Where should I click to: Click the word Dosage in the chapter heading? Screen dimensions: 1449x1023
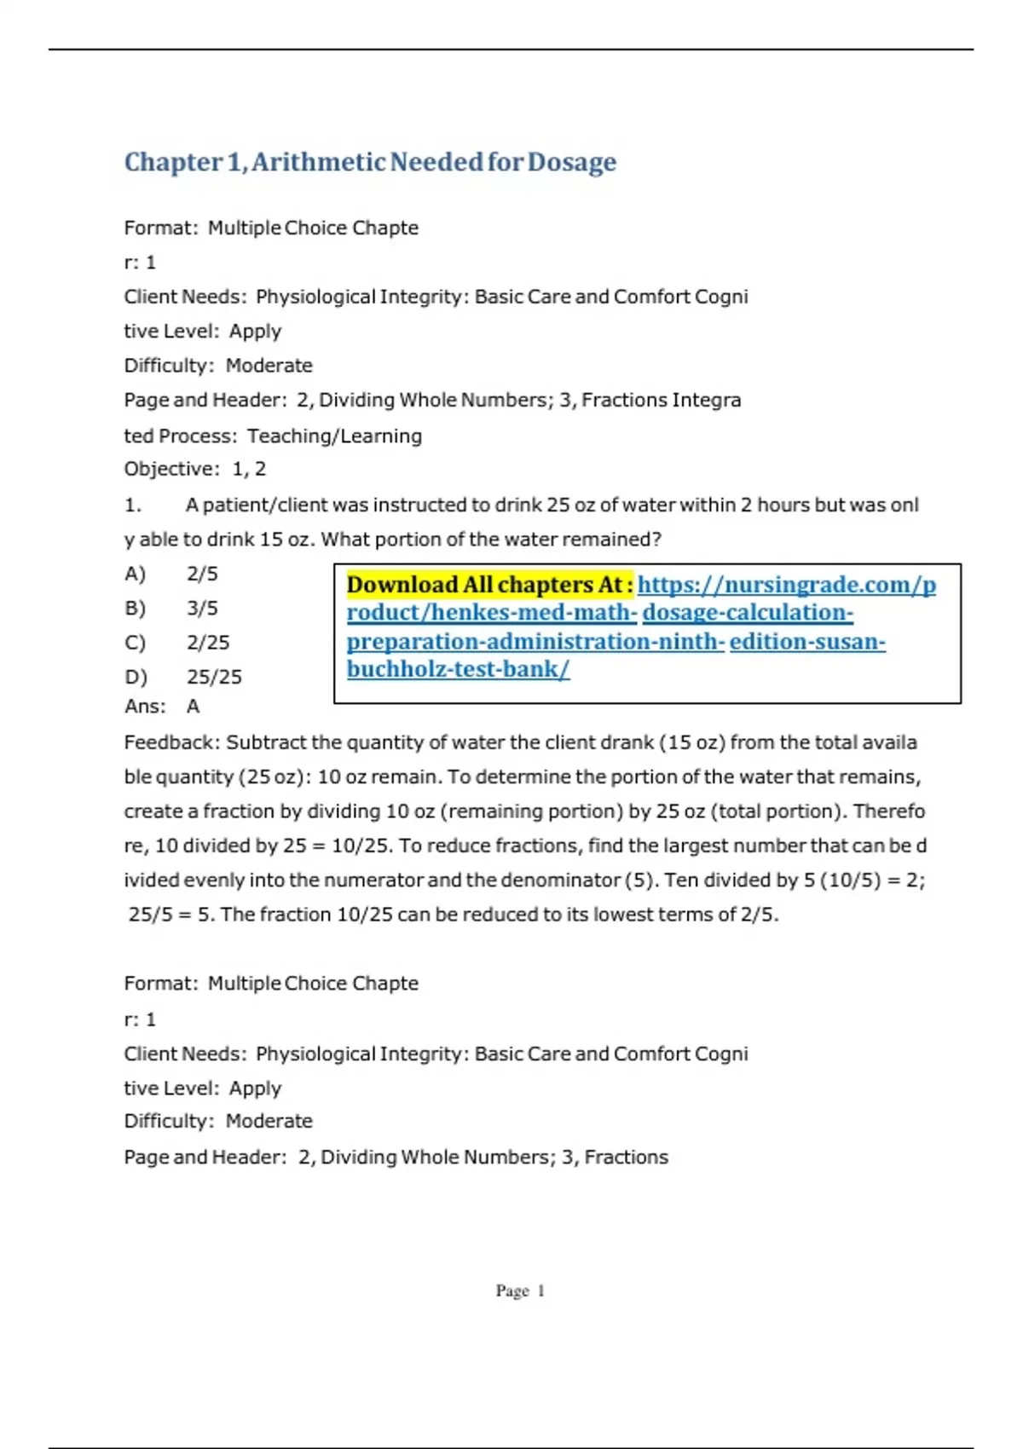click(571, 162)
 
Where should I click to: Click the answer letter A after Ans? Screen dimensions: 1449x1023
click(194, 707)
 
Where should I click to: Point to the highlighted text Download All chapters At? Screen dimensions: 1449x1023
click(488, 585)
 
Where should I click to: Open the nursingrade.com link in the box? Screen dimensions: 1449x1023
click(786, 585)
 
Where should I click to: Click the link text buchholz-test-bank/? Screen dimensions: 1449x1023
click(458, 669)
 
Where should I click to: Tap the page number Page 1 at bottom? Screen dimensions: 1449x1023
click(520, 1290)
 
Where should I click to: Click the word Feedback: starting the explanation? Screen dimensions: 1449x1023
click(171, 742)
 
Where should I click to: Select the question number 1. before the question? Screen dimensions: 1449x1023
click(133, 505)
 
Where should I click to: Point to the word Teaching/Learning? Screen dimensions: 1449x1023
click(334, 436)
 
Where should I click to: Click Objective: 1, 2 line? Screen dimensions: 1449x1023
click(195, 469)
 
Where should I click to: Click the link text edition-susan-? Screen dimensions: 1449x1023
click(807, 641)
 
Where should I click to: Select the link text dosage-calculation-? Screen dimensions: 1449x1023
click(748, 613)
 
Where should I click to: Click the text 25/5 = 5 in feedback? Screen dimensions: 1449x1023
click(170, 915)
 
